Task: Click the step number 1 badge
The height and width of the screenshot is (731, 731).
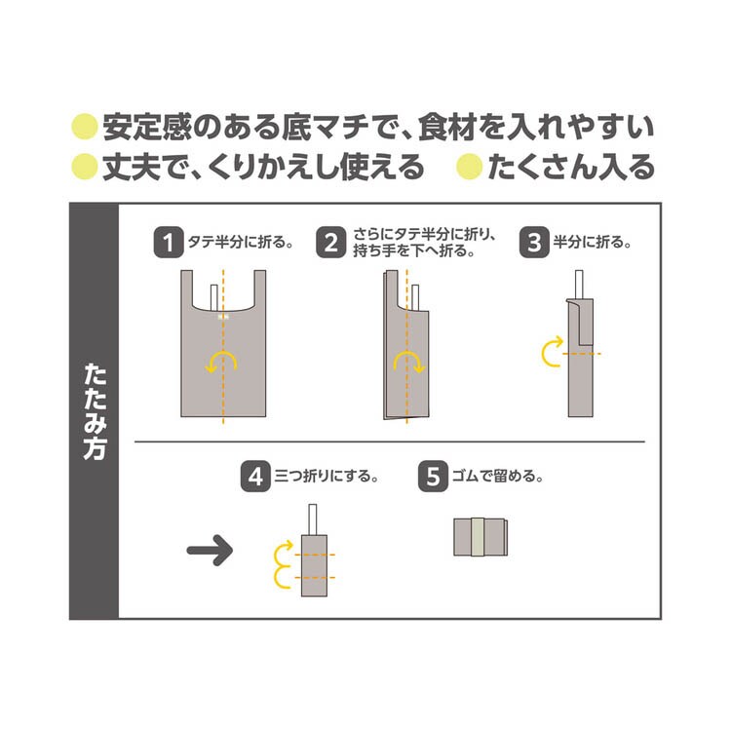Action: point(169,243)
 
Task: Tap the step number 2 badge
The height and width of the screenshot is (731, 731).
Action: point(331,243)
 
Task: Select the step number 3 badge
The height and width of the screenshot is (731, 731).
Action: point(534,243)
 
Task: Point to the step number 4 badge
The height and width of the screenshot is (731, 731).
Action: point(255,477)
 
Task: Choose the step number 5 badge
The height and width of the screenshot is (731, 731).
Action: point(433,477)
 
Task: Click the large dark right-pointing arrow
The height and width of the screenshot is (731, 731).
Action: point(210,550)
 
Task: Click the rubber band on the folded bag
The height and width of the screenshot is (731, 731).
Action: point(477,537)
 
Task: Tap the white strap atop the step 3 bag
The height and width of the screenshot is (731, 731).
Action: point(579,284)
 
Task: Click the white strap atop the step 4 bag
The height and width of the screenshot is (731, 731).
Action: point(312,519)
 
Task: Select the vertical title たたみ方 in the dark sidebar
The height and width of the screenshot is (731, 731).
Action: point(95,411)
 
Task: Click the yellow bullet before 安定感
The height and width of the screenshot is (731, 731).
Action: point(85,127)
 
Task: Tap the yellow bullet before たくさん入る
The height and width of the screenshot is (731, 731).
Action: point(469,167)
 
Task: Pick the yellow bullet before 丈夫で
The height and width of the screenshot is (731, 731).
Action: point(85,167)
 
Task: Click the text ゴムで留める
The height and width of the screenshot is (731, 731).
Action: point(497,477)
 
